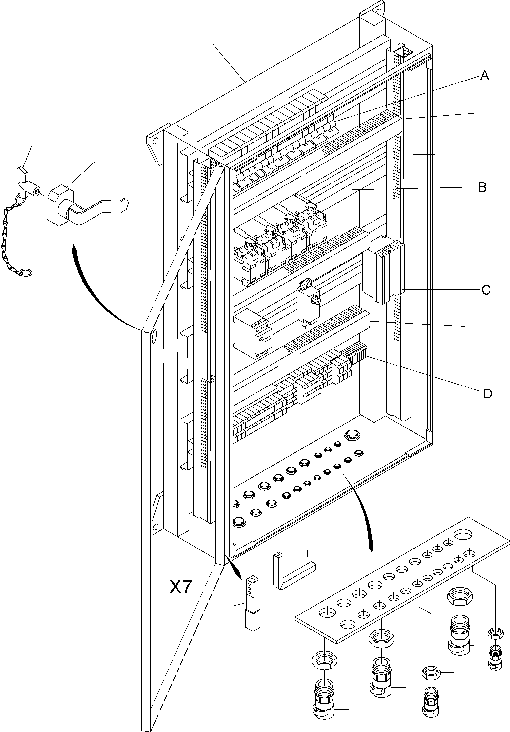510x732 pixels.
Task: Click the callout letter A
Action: pyautogui.click(x=484, y=76)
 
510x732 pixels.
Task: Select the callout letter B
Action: pyautogui.click(x=482, y=187)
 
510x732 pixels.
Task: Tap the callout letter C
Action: pyautogui.click(x=486, y=290)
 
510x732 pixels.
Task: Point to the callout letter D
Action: pyautogui.click(x=487, y=394)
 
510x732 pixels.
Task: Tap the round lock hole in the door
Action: pyautogui.click(x=154, y=337)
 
